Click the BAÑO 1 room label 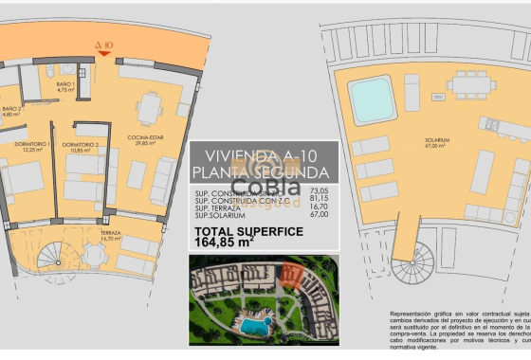pos(64,85)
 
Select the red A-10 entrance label pos(104,44)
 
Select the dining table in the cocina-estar pos(149,108)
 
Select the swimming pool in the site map pos(253,326)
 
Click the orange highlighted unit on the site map pos(293,276)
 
